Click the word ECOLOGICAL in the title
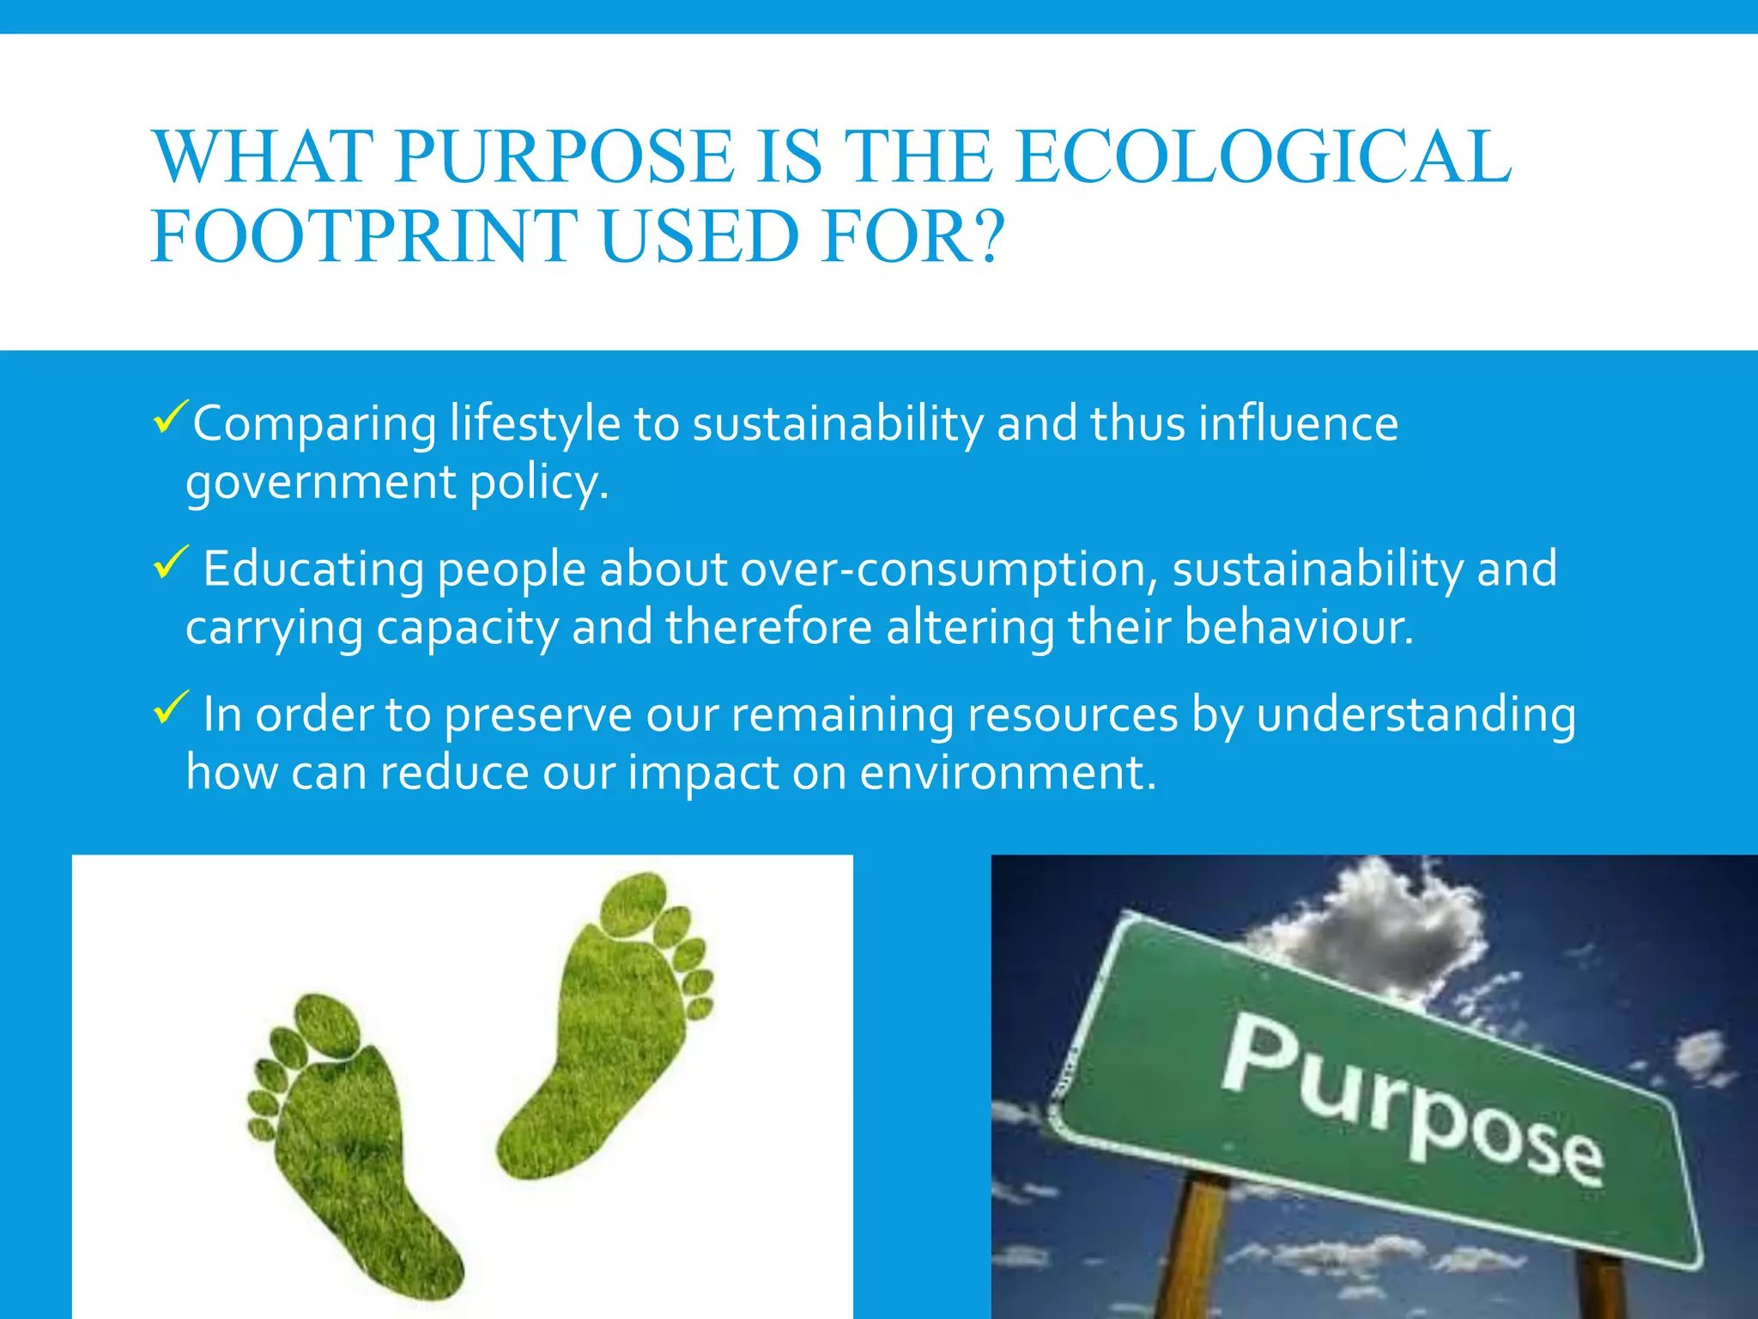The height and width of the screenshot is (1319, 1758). coord(1263,156)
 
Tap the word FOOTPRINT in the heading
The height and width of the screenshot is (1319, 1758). coord(364,236)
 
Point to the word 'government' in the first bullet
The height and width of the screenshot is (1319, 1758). coord(320,483)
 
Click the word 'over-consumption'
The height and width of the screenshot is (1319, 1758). coord(949,569)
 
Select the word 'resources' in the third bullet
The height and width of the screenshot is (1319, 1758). coord(1073,714)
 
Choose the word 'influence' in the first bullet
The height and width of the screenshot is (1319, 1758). coord(1298,423)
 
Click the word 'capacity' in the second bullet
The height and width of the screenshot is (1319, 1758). coord(466,627)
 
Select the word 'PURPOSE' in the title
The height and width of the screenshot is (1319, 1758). coord(565,156)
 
